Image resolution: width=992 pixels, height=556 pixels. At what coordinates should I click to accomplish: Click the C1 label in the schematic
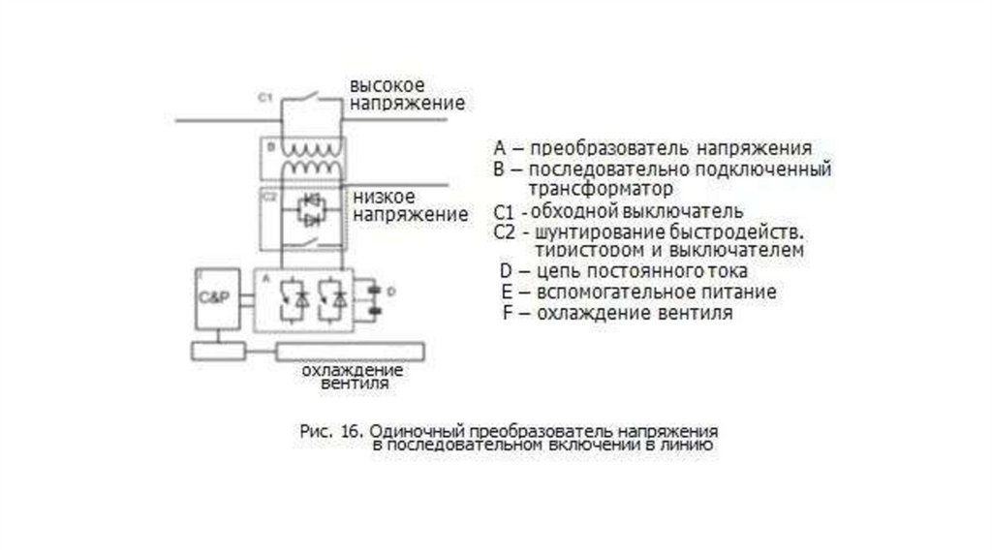pyautogui.click(x=265, y=98)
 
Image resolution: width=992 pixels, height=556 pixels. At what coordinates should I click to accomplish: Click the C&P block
pyautogui.click(x=214, y=296)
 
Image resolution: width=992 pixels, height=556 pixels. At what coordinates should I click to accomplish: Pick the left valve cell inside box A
pyautogui.click(x=292, y=298)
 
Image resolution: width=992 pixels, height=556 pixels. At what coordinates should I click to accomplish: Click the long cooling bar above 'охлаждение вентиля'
pyautogui.click(x=350, y=350)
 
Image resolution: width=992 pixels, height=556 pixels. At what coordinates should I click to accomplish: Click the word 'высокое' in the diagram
pyautogui.click(x=387, y=85)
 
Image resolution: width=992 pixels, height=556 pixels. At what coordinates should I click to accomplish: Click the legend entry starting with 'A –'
pyautogui.click(x=652, y=149)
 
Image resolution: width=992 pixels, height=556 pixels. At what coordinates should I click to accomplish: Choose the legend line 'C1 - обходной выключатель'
pyautogui.click(x=617, y=210)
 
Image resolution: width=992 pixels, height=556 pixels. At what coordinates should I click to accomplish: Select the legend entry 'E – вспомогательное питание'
pyautogui.click(x=638, y=292)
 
